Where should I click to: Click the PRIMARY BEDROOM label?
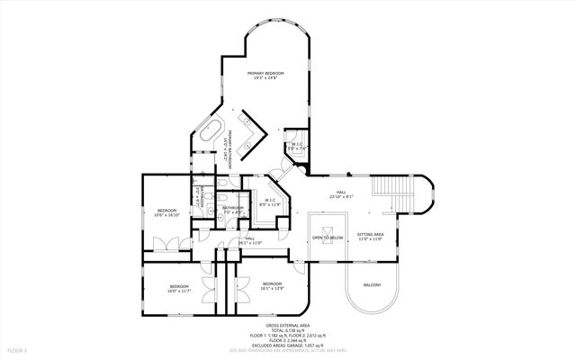tap(265, 73)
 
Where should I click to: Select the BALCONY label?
tap(372, 285)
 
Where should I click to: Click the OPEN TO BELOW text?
tap(327, 238)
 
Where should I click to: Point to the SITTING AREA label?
tap(371, 234)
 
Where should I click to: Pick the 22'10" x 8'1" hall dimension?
tap(341, 196)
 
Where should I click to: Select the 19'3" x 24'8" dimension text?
tap(265, 79)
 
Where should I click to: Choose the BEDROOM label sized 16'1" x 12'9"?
tap(272, 285)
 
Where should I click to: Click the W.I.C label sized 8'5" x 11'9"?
tap(269, 201)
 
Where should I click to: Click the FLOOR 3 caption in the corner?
tap(18, 349)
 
